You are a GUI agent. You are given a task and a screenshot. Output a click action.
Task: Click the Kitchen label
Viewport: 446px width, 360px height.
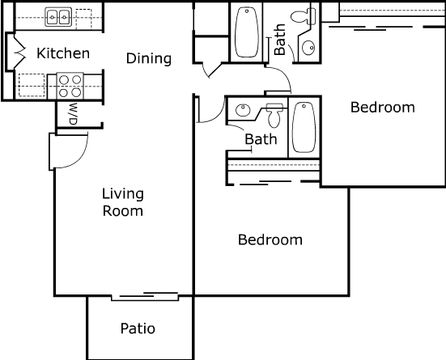(63, 53)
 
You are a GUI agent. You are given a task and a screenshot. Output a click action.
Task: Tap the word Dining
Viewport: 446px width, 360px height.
(149, 58)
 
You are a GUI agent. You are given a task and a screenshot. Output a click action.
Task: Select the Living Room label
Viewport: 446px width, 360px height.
(123, 202)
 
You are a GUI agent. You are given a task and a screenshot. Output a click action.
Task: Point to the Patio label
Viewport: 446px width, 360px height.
(138, 328)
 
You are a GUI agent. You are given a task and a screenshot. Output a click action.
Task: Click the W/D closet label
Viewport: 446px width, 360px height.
(73, 113)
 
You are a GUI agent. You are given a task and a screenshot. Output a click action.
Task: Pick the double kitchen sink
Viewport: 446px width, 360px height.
(58, 17)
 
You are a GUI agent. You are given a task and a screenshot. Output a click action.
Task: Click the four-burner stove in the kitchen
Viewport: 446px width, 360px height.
(70, 86)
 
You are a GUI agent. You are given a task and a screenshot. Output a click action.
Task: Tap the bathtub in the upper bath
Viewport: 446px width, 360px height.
(247, 32)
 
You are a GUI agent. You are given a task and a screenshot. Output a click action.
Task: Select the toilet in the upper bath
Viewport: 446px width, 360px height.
(304, 16)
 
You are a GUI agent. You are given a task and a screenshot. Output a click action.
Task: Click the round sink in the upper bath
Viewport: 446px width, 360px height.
(308, 48)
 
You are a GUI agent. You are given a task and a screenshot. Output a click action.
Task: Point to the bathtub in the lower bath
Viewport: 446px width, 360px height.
(304, 127)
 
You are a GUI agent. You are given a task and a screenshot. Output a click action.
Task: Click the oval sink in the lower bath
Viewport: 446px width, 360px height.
(243, 110)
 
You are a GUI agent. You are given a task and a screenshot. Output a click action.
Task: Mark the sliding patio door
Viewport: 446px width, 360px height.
(145, 296)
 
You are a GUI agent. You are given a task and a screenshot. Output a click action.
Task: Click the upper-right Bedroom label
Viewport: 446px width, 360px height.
(383, 108)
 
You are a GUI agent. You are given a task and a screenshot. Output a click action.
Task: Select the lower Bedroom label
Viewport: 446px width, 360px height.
(270, 239)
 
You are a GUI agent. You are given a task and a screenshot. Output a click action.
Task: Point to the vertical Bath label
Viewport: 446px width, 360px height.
(279, 40)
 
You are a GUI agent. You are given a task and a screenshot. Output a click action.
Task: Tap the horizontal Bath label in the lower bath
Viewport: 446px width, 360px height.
(261, 139)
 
